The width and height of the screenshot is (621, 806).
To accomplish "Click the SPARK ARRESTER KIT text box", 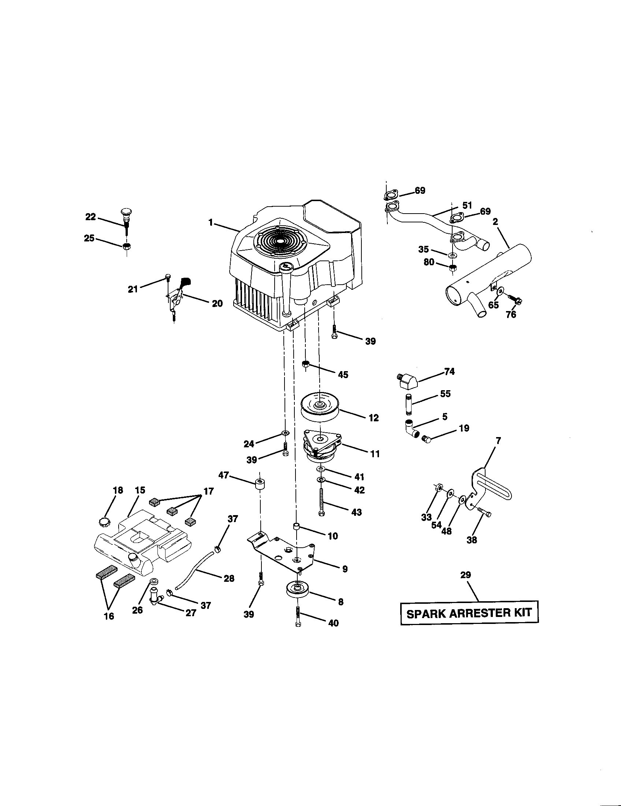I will point(469,613).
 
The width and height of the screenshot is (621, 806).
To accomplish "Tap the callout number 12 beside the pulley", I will point(373,418).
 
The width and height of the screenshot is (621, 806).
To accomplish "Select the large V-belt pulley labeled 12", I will point(320,406).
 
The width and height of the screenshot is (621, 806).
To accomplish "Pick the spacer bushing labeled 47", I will point(260,484).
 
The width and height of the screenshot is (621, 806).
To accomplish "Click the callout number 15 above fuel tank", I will point(140,490).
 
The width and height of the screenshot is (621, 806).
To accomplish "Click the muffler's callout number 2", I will point(495,221).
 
